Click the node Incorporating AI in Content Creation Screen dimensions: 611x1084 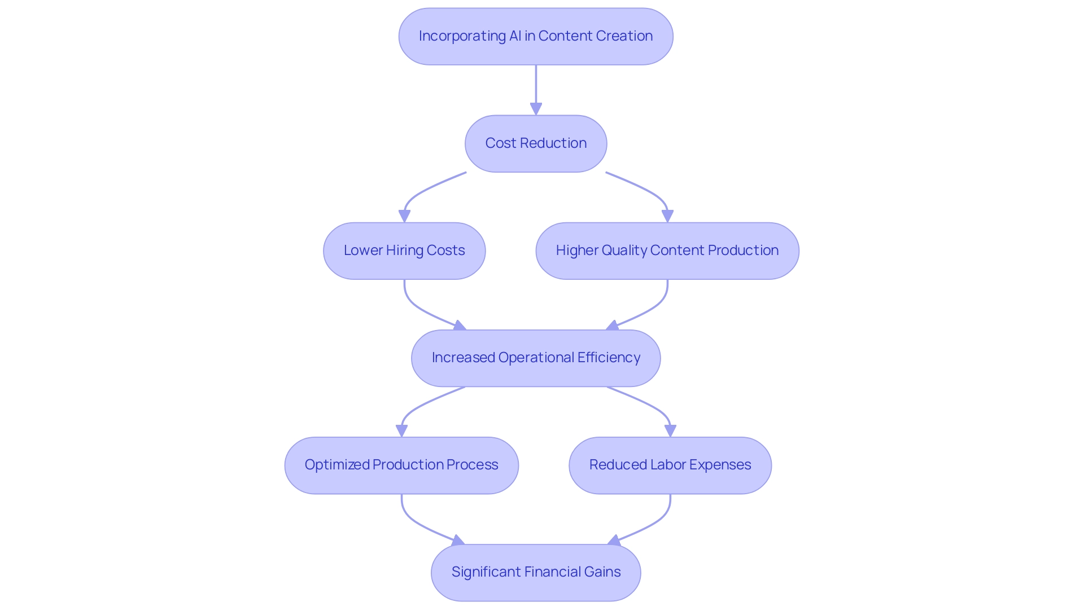[535, 36]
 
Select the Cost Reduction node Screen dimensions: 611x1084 [535, 143]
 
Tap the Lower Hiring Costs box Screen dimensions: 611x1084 [404, 250]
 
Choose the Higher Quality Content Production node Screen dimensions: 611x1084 [667, 250]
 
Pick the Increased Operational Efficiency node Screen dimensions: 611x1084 [535, 358]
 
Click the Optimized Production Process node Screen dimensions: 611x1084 [401, 465]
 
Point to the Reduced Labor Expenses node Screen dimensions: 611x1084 [670, 465]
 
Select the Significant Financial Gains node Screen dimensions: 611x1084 [535, 572]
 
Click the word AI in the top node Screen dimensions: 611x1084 [515, 36]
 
